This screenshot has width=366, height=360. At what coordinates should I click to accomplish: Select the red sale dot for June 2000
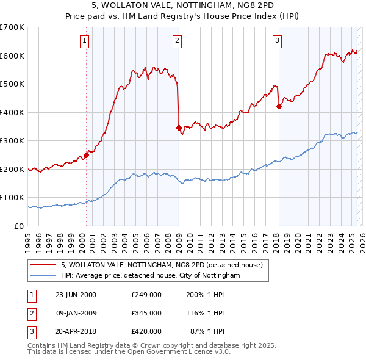coord(86,155)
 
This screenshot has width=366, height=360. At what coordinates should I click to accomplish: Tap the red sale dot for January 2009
coord(179,128)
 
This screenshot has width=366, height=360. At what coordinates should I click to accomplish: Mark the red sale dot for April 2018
coord(279,107)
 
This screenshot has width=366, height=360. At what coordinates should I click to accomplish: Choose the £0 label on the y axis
coord(19,226)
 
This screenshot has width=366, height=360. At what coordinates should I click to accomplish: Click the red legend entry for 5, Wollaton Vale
coord(162,265)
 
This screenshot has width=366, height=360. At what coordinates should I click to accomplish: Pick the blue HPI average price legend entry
coord(150,276)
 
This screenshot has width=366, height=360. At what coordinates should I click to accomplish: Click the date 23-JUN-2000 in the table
coord(76,295)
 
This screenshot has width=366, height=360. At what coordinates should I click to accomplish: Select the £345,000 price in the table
coord(146,313)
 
